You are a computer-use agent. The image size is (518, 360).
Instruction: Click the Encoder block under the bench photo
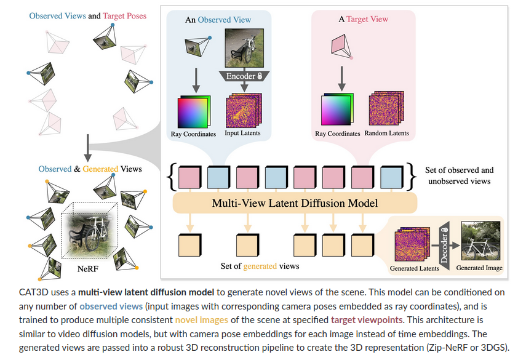coord(241,76)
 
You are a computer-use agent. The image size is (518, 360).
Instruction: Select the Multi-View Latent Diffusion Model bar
coord(295,202)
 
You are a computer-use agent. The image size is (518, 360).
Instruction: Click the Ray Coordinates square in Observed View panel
coord(193,111)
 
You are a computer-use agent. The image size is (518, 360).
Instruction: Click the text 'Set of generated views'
coord(260,266)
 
